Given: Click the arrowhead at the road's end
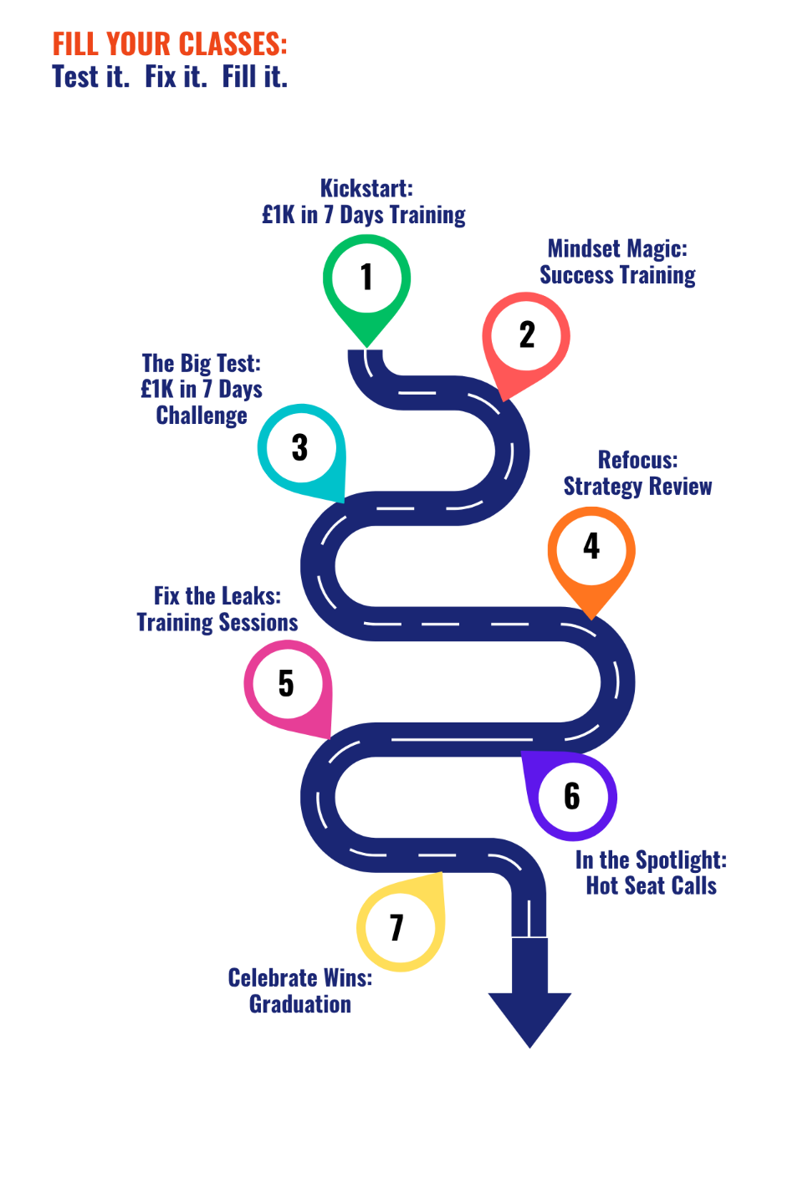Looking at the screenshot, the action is click(x=529, y=1015).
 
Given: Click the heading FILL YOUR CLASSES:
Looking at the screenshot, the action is click(x=170, y=43).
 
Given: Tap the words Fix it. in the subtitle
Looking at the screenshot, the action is click(x=176, y=78).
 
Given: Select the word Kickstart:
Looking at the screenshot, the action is click(x=366, y=188).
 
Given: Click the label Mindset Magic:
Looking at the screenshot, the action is click(x=617, y=248).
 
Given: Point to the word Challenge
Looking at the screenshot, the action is click(x=202, y=416).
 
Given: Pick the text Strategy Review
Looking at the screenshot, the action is click(x=637, y=487).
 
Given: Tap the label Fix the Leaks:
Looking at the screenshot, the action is click(x=217, y=596).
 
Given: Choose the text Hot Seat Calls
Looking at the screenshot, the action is click(x=651, y=886).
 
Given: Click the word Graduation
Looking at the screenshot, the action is click(x=300, y=1004).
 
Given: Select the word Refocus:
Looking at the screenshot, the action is click(x=637, y=460).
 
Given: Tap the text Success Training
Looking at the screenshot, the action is click(x=617, y=275).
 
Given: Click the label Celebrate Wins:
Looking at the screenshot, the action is click(x=300, y=978).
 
